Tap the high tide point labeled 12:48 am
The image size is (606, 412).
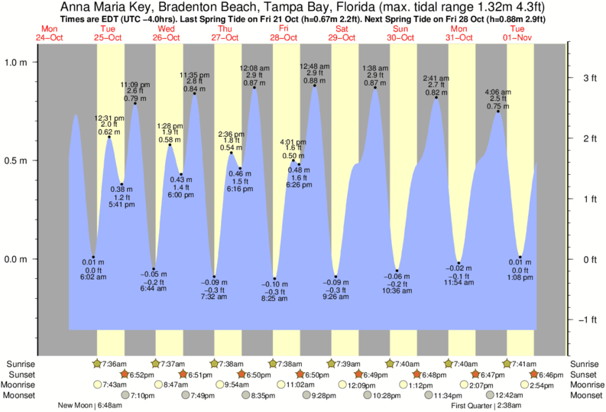[x=314, y=86]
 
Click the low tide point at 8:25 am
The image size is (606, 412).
[x=274, y=278]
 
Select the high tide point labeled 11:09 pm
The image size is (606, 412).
[x=135, y=103]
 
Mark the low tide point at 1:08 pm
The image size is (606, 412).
[x=520, y=257]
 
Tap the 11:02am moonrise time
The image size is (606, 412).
[x=300, y=385]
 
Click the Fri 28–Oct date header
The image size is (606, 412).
[x=283, y=34]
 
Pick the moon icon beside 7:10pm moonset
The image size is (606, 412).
[x=126, y=395]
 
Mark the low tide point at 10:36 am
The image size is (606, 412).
[x=397, y=271]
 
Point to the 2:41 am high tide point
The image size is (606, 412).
[x=436, y=97]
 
